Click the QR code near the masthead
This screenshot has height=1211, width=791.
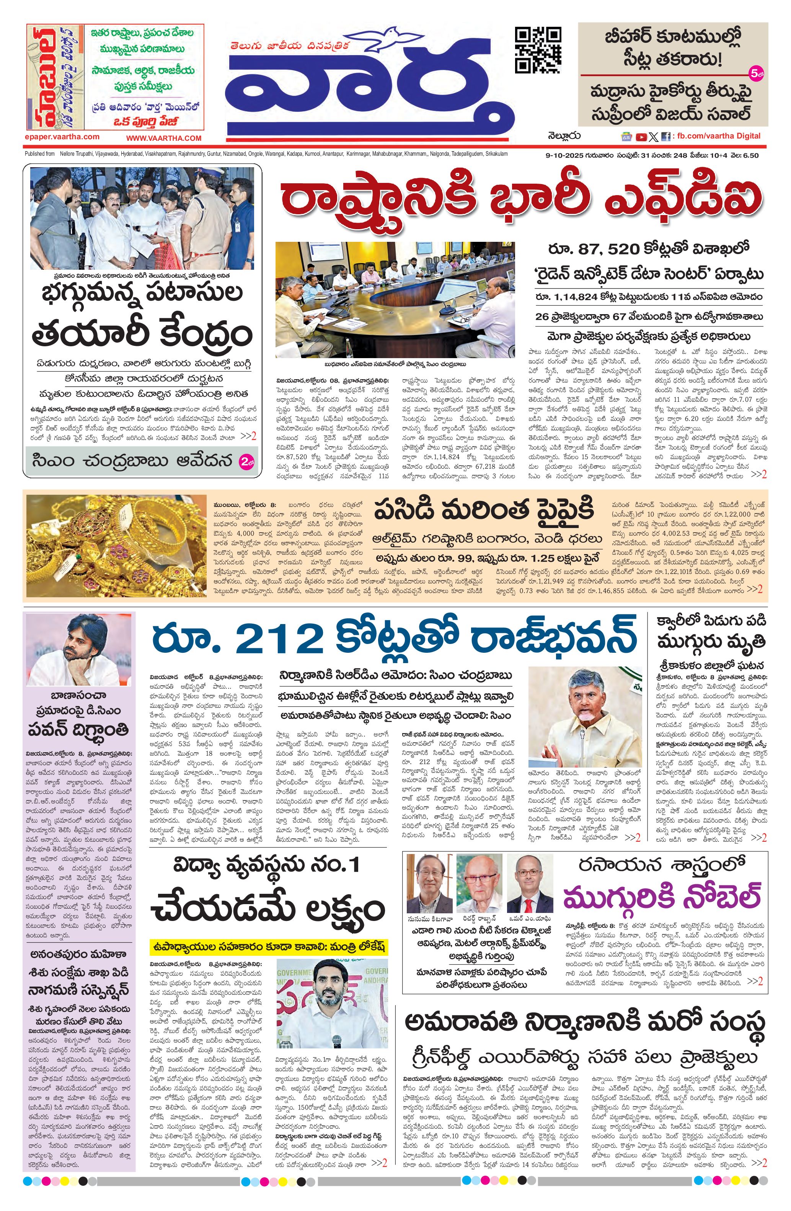coord(538,49)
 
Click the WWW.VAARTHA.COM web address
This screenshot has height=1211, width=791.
coord(163,138)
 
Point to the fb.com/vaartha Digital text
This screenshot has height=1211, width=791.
coord(717,136)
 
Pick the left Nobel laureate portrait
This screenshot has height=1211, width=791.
coord(429,883)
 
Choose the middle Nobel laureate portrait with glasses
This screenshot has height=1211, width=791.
coord(478,883)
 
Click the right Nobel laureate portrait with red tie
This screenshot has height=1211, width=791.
coord(530,883)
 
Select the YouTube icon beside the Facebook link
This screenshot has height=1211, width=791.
coord(641,136)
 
